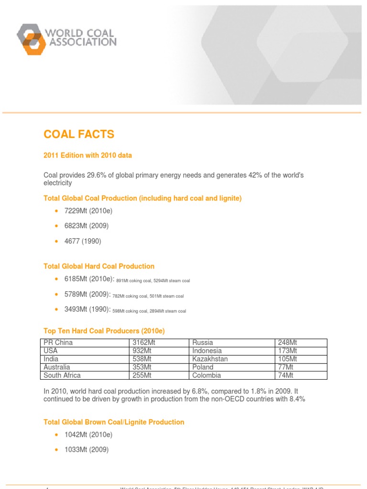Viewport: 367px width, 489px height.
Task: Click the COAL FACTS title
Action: pyautogui.click(x=79, y=134)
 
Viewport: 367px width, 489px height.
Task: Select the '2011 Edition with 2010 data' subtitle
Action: pyautogui.click(x=87, y=155)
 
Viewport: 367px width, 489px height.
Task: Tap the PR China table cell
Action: pyautogui.click(x=58, y=342)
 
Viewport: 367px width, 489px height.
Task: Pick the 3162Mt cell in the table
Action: pyautogui.click(x=142, y=342)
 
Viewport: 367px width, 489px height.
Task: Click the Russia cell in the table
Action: pyautogui.click(x=203, y=342)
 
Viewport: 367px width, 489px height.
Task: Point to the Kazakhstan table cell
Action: pyautogui.click(x=210, y=359)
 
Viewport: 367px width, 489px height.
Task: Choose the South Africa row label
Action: pyautogui.click(x=62, y=375)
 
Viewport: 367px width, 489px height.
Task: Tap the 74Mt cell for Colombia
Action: pyautogui.click(x=285, y=375)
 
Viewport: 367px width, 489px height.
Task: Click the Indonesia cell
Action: pyautogui.click(x=207, y=351)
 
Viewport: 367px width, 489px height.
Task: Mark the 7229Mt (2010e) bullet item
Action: pyautogui.click(x=88, y=211)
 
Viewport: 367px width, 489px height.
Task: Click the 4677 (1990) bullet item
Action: pyautogui.click(x=83, y=241)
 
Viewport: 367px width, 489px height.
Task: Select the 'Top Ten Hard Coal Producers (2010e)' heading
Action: pyautogui.click(x=104, y=330)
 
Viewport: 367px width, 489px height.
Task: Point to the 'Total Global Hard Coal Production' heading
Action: pyautogui.click(x=99, y=266)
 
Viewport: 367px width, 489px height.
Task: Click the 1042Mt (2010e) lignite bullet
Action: pyautogui.click(x=88, y=435)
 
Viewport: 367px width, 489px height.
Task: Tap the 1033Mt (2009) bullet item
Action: pyautogui.click(x=86, y=449)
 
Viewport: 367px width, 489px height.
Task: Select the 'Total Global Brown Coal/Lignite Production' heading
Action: pyautogui.click(x=114, y=422)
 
